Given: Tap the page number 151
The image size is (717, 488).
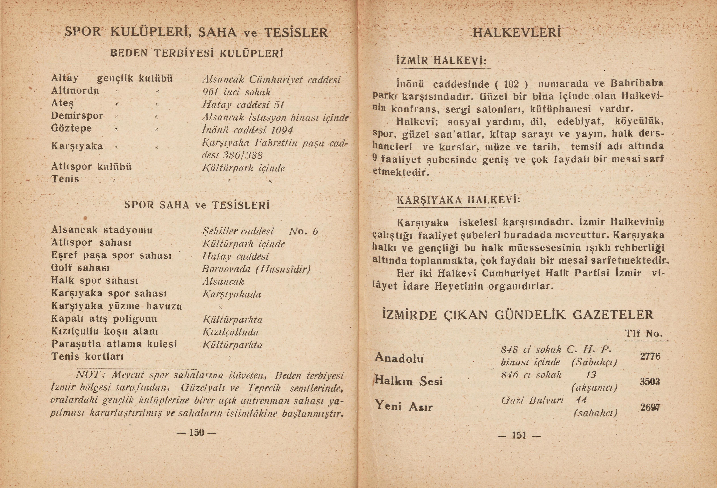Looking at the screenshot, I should (x=519, y=435).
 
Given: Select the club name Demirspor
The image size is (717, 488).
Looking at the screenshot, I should (x=77, y=116).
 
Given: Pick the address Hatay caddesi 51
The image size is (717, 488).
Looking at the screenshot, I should (x=243, y=105).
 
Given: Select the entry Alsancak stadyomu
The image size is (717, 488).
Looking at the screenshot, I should (x=102, y=230).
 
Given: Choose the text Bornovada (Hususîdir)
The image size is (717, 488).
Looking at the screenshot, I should (x=256, y=269).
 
